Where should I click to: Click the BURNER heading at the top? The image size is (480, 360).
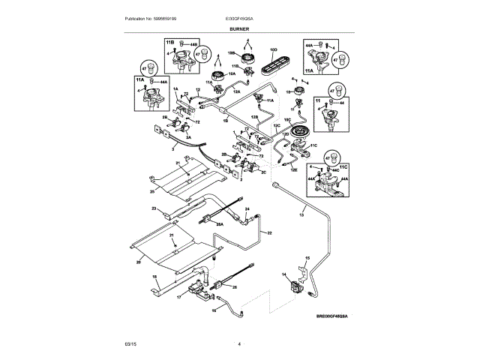[240, 28]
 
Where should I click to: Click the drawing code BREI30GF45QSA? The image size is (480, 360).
[331, 317]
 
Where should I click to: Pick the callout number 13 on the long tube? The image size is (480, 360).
[301, 215]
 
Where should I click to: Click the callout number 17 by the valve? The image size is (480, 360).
[179, 296]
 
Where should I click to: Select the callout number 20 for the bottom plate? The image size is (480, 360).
[137, 262]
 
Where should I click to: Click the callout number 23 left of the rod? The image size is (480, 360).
[153, 208]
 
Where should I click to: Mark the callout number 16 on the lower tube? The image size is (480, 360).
[213, 308]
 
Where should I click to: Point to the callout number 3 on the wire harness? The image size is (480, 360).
[151, 149]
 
